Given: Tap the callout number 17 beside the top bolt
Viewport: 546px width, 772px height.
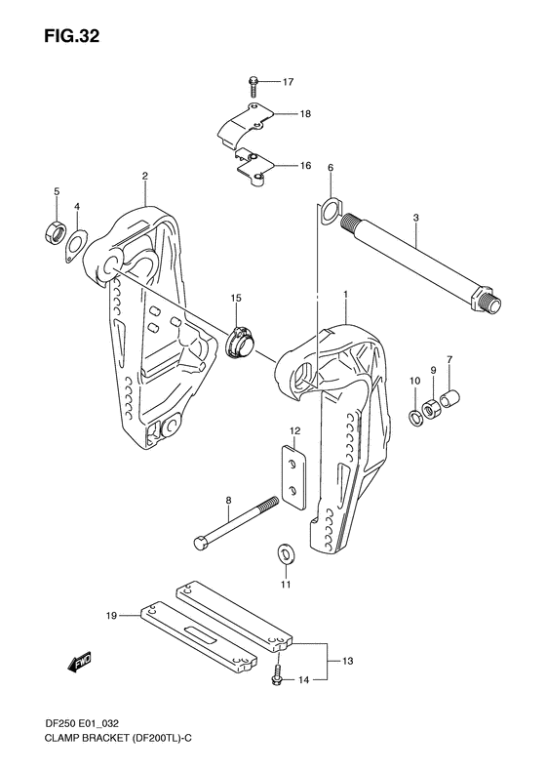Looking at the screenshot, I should click(289, 81).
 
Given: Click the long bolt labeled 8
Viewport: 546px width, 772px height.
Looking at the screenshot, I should click(234, 526).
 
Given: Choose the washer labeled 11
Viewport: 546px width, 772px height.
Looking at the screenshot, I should click(286, 553).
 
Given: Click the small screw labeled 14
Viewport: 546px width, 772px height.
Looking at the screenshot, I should click(279, 675).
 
